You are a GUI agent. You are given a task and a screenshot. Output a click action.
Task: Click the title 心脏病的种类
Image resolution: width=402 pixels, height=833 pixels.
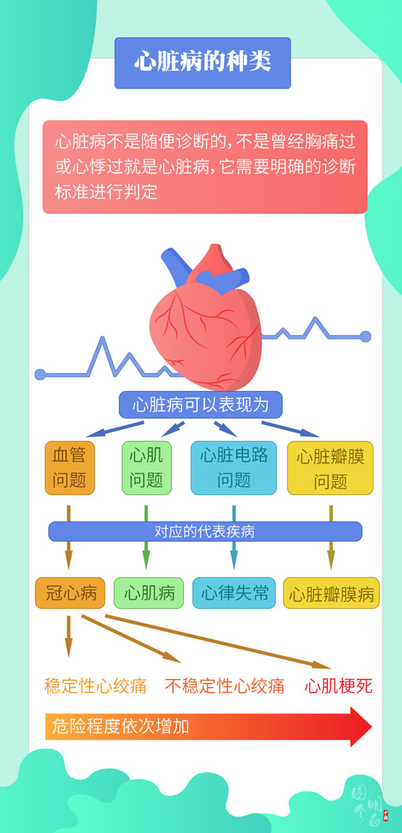pos(202,62)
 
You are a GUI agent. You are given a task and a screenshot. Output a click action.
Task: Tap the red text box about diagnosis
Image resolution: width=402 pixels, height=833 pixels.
pos(204,167)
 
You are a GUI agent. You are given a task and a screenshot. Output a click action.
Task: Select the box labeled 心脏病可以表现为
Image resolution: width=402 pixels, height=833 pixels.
pos(200,405)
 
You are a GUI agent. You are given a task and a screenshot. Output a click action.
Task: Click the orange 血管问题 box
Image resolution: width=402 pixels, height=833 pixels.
pos(69,467)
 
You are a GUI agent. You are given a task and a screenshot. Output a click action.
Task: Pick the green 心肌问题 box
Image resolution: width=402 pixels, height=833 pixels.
pos(146,467)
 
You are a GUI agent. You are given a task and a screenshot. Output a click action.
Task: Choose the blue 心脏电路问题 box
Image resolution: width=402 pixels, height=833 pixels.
pos(234,467)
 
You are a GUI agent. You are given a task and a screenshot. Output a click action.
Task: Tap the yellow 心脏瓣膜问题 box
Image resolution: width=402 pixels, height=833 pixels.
pos(330,467)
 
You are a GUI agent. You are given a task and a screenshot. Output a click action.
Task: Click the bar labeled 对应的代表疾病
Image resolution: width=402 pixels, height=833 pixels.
pos(204,532)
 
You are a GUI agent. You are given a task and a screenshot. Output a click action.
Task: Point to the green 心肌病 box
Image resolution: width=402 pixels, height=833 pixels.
pos(149,593)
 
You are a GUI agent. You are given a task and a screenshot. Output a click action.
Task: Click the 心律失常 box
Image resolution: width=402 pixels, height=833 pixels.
pos(234,593)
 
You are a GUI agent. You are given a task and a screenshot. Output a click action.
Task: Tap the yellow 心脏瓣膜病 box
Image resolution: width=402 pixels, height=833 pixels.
pos(331,594)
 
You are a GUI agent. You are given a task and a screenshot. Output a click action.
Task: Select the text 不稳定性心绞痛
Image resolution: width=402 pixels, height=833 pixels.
pos(224,685)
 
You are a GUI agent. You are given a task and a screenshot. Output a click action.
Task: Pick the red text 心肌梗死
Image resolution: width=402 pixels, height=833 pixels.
pos(338,685)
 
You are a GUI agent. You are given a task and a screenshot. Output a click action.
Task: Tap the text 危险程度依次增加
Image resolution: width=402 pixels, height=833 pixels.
pos(121,726)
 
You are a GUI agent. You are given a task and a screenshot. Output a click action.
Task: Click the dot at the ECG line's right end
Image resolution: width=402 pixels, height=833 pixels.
pos(365,336)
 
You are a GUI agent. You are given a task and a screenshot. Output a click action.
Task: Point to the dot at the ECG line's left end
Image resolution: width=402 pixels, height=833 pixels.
pos(40,374)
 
